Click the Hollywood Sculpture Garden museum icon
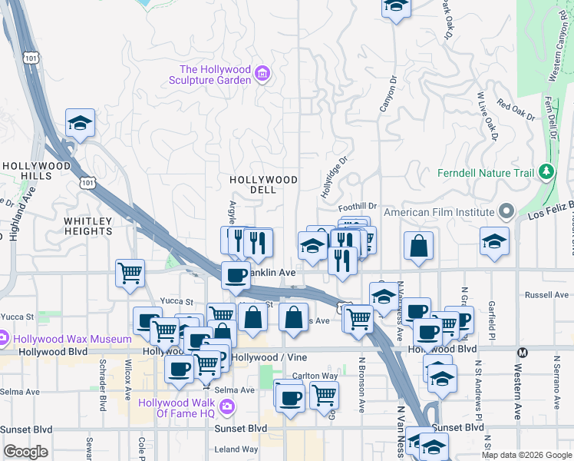[262, 73]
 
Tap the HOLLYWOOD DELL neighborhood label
[263, 185]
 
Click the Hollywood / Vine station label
[269, 358]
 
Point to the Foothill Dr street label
[358, 206]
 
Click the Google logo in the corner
[25, 452]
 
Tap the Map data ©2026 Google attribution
[527, 455]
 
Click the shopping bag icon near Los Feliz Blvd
[419, 246]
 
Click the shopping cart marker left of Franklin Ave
[130, 273]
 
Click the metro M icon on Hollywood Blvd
[523, 353]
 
